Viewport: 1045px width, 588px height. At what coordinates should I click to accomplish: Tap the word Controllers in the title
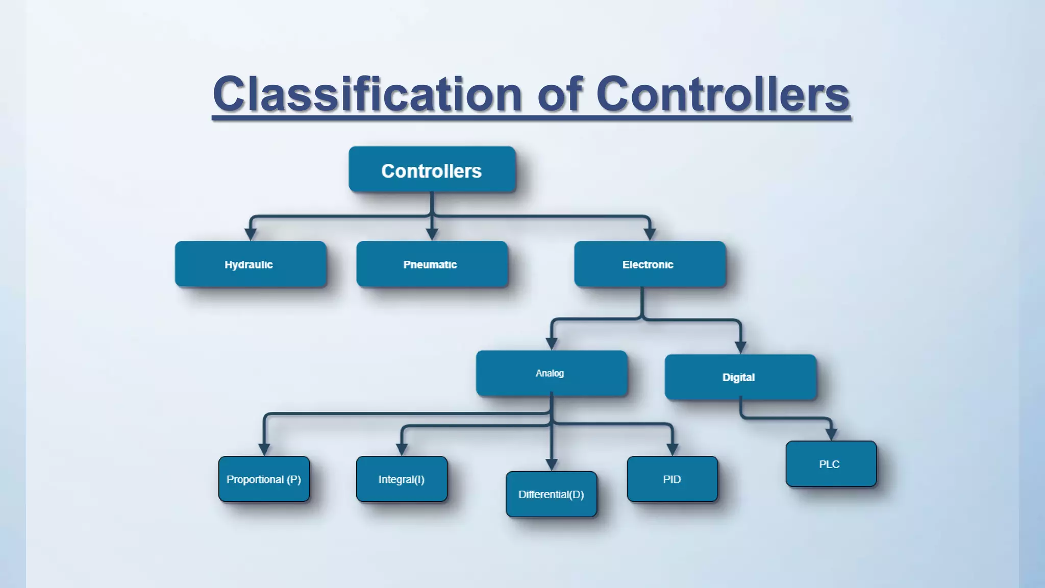722,94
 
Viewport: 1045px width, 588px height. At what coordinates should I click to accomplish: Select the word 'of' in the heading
559,94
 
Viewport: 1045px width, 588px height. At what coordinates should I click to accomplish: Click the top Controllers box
432,170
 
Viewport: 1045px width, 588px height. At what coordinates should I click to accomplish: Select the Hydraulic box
250,264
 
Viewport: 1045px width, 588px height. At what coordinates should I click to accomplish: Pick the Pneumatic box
432,264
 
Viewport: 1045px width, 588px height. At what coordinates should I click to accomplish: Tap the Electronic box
649,264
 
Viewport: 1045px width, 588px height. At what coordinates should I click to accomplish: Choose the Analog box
551,373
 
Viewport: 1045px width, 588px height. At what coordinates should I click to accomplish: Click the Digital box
740,377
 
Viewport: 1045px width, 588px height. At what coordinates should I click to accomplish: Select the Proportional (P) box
264,479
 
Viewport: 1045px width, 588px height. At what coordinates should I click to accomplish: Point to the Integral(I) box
402,479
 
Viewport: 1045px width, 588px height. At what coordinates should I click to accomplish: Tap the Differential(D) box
551,494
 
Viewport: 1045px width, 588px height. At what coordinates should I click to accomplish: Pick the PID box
672,479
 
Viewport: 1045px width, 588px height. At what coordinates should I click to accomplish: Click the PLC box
831,464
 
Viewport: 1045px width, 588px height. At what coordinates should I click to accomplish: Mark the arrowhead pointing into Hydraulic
250,235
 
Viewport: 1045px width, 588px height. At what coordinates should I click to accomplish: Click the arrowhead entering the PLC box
831,435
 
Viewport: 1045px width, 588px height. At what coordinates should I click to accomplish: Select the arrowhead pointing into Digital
740,348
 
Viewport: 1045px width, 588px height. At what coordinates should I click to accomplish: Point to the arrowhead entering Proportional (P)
264,450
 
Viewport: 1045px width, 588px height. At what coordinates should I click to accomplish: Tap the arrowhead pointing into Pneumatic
432,235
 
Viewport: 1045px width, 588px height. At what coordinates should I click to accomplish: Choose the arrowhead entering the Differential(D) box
551,465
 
